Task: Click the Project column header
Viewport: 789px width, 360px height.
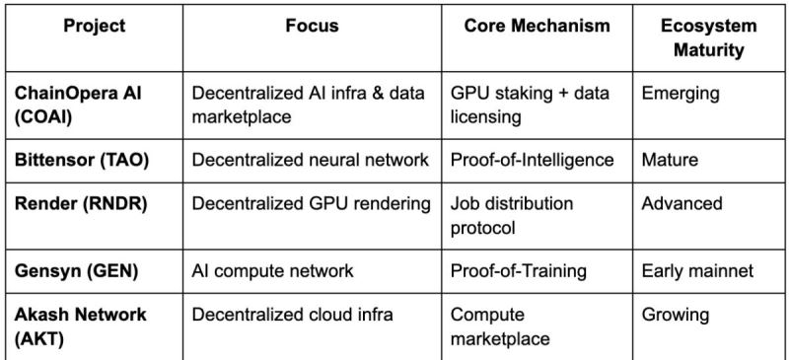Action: pyautogui.click(x=95, y=27)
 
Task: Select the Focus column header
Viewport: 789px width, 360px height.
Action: pyautogui.click(x=311, y=27)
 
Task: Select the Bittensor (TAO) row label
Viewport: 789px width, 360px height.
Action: pyautogui.click(x=83, y=160)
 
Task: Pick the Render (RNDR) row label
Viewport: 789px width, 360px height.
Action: pyautogui.click(x=75, y=204)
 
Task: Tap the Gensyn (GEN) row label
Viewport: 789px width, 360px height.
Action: pyautogui.click(x=69, y=268)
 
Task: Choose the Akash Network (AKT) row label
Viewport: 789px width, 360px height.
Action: pyautogui.click(x=80, y=325)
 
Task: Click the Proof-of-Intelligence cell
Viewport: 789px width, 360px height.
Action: pyautogui.click(x=532, y=160)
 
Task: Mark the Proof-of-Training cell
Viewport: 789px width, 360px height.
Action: pyautogui.click(x=519, y=268)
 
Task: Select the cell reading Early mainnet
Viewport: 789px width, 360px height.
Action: pyautogui.click(x=696, y=268)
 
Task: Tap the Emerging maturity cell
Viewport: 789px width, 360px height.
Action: pyautogui.click(x=681, y=95)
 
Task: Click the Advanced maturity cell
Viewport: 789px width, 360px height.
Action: pyautogui.click(x=681, y=204)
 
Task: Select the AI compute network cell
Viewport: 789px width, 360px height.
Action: pyautogui.click(x=272, y=268)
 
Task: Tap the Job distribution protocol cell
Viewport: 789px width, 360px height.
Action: pyautogui.click(x=512, y=215)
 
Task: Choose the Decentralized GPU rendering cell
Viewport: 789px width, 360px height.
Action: pyautogui.click(x=311, y=204)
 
